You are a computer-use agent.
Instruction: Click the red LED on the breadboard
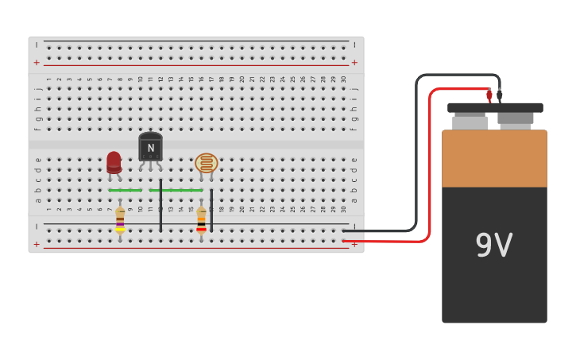114,161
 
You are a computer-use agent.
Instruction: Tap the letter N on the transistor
151,148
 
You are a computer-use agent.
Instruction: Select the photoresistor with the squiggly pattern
206,163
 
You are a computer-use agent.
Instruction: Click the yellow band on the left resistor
120,230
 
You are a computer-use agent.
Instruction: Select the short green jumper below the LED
126,191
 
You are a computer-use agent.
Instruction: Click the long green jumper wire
176,191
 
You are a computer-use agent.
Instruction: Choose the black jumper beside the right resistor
211,211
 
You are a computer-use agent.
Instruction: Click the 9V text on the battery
494,245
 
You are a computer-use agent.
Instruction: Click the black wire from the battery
416,159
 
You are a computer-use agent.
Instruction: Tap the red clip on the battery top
489,96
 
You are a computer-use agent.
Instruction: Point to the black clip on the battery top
500,95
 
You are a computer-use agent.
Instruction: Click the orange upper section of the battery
494,159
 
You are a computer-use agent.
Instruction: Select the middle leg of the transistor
151,167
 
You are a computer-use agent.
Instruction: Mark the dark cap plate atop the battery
495,108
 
